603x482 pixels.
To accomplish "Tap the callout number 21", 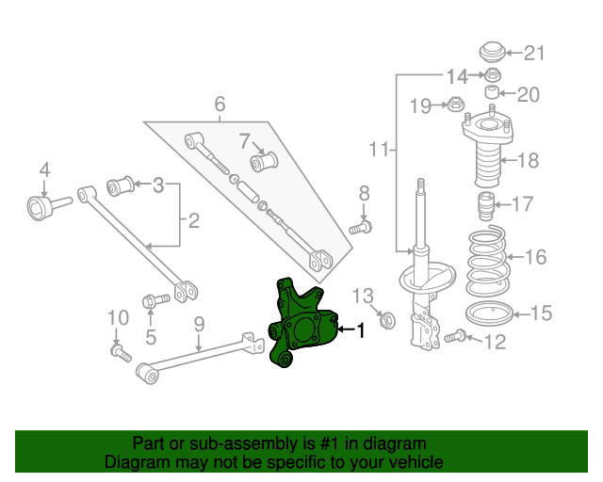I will (x=534, y=53).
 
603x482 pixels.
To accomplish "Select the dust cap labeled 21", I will (x=491, y=51).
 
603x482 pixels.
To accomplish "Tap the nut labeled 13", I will (x=384, y=321).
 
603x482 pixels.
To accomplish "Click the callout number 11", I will (x=379, y=149).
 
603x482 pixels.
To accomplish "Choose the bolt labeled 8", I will (x=363, y=226).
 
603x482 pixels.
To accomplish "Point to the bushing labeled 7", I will (x=266, y=161).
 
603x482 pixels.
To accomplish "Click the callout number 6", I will (x=220, y=104).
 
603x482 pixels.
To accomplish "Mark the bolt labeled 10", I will (x=118, y=352).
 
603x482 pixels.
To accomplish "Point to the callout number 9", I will (x=199, y=325).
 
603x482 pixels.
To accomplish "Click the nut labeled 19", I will (x=453, y=104).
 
